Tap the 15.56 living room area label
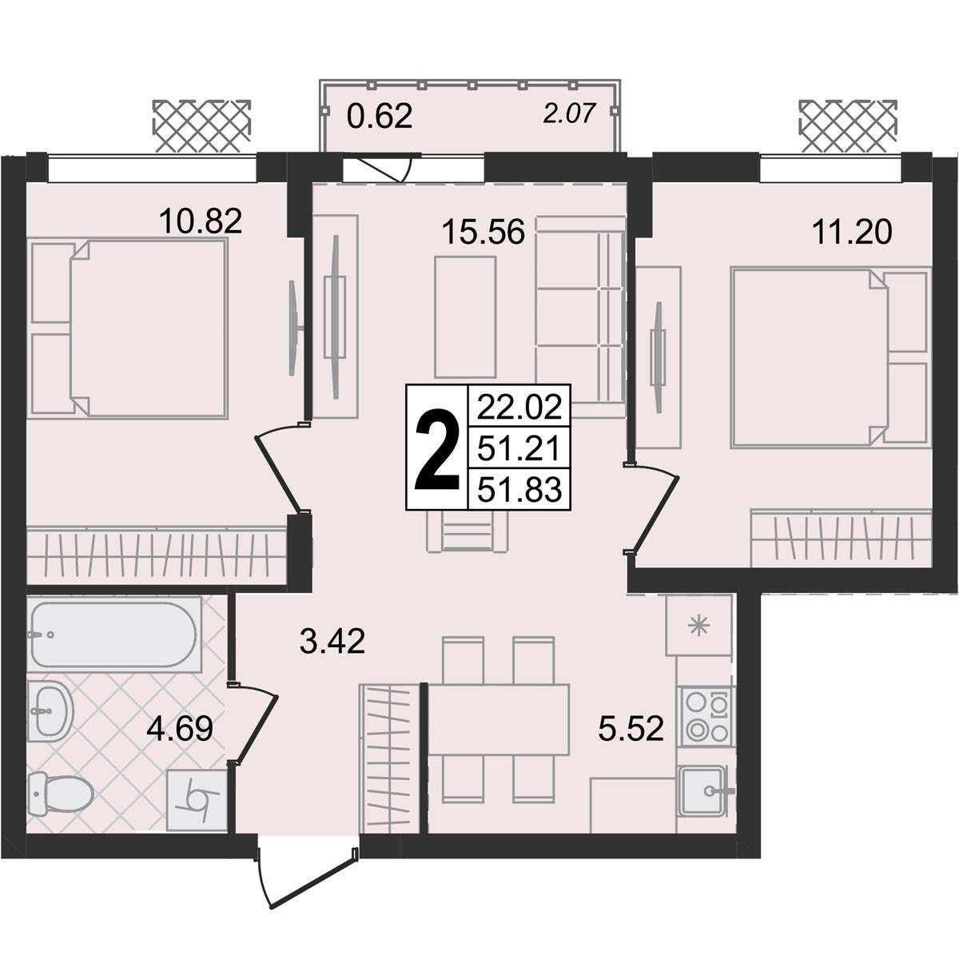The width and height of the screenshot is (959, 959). pyautogui.click(x=483, y=232)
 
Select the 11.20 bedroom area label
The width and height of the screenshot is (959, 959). pyautogui.click(x=851, y=232)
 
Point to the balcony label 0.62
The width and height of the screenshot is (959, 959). pyautogui.click(x=380, y=117)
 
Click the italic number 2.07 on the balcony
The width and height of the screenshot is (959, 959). pyautogui.click(x=569, y=113)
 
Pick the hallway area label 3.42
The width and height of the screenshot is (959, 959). pyautogui.click(x=332, y=642)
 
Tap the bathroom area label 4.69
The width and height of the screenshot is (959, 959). pyautogui.click(x=180, y=729)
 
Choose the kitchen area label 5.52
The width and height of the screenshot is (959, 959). pyautogui.click(x=631, y=729)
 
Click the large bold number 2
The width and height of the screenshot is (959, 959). pyautogui.click(x=436, y=448)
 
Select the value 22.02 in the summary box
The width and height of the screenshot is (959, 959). pyautogui.click(x=519, y=407)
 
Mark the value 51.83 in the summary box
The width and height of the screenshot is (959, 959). pyautogui.click(x=519, y=489)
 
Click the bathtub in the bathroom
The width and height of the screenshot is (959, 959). pyautogui.click(x=114, y=634)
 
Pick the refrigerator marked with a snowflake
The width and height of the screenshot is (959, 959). pyautogui.click(x=698, y=626)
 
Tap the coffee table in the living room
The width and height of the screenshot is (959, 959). pyautogui.click(x=465, y=316)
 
